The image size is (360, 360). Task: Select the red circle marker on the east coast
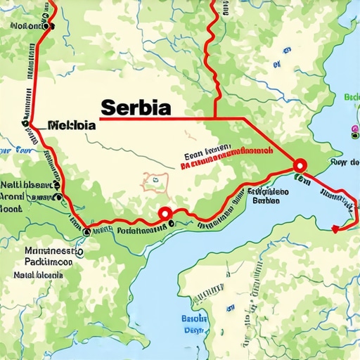[300, 165]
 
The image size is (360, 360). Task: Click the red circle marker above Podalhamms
[165, 213]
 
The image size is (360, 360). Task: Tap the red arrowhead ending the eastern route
[335, 229]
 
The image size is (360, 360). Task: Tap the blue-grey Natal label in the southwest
[39, 275]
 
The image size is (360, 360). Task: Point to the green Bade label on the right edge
[352, 97]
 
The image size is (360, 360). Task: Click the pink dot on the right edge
[354, 129]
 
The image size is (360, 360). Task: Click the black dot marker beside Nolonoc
[48, 25]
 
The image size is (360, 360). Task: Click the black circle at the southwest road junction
[86, 231]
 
